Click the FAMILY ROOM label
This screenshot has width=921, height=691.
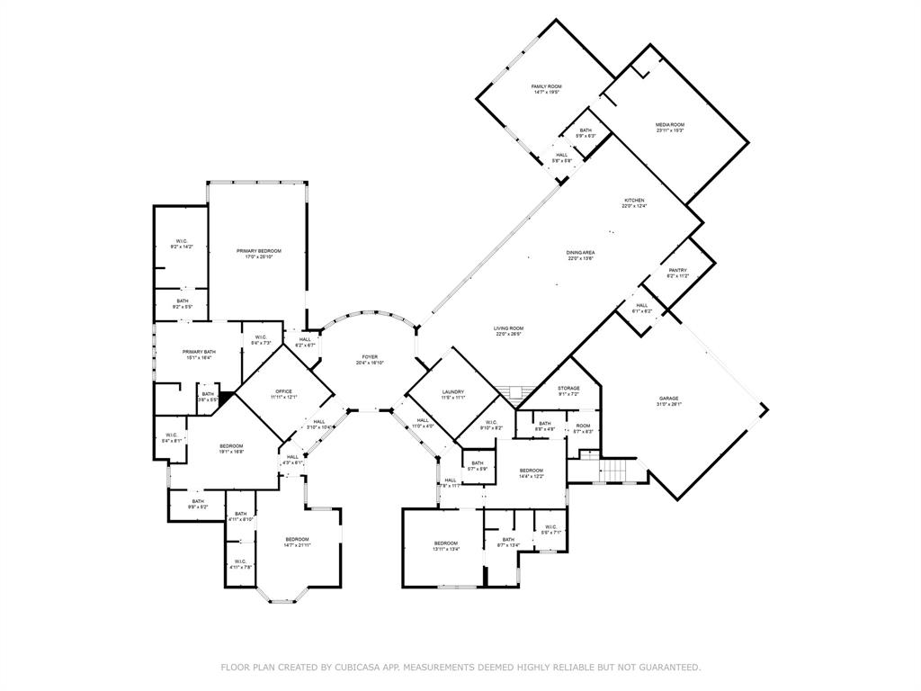pos(546,86)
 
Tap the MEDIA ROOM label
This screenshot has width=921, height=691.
pos(670,125)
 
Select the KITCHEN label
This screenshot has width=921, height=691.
pos(634,201)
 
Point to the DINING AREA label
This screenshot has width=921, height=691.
pos(581,253)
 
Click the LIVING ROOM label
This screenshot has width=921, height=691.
pos(509,328)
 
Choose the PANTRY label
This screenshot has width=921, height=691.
pos(677,270)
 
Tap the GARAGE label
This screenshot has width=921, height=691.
pos(668,399)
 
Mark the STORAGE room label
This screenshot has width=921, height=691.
pos(568,389)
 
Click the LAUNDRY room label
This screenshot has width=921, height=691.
pos(452,392)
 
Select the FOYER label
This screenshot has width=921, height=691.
pos(370,357)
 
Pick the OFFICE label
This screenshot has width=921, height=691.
pos(284,392)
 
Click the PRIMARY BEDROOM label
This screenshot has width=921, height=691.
pos(259,251)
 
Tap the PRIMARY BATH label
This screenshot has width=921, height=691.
pos(199,353)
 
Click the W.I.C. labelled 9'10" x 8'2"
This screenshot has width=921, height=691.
pos(491,425)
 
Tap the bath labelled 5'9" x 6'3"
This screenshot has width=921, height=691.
pos(586,133)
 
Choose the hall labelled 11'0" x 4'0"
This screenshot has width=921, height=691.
pos(423,423)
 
